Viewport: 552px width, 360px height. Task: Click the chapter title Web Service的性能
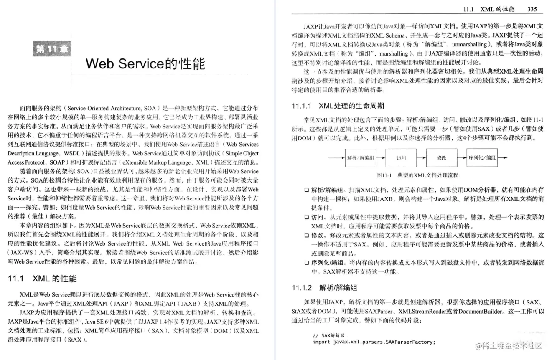(145, 63)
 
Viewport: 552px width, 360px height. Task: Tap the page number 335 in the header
(532, 9)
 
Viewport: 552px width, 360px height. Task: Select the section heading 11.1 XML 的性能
(42, 279)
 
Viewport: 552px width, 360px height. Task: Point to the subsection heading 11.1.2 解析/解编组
(324, 288)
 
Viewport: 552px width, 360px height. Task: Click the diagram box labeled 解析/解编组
(361, 158)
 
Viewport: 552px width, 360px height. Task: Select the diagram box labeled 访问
(401, 158)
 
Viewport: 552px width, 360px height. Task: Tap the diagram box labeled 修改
(441, 158)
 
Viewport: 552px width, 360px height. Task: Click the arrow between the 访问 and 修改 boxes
(421, 158)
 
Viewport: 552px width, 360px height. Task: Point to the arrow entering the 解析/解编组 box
(336, 158)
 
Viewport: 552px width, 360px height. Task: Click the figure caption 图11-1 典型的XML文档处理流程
(417, 175)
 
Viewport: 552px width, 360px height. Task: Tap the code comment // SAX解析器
(328, 335)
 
